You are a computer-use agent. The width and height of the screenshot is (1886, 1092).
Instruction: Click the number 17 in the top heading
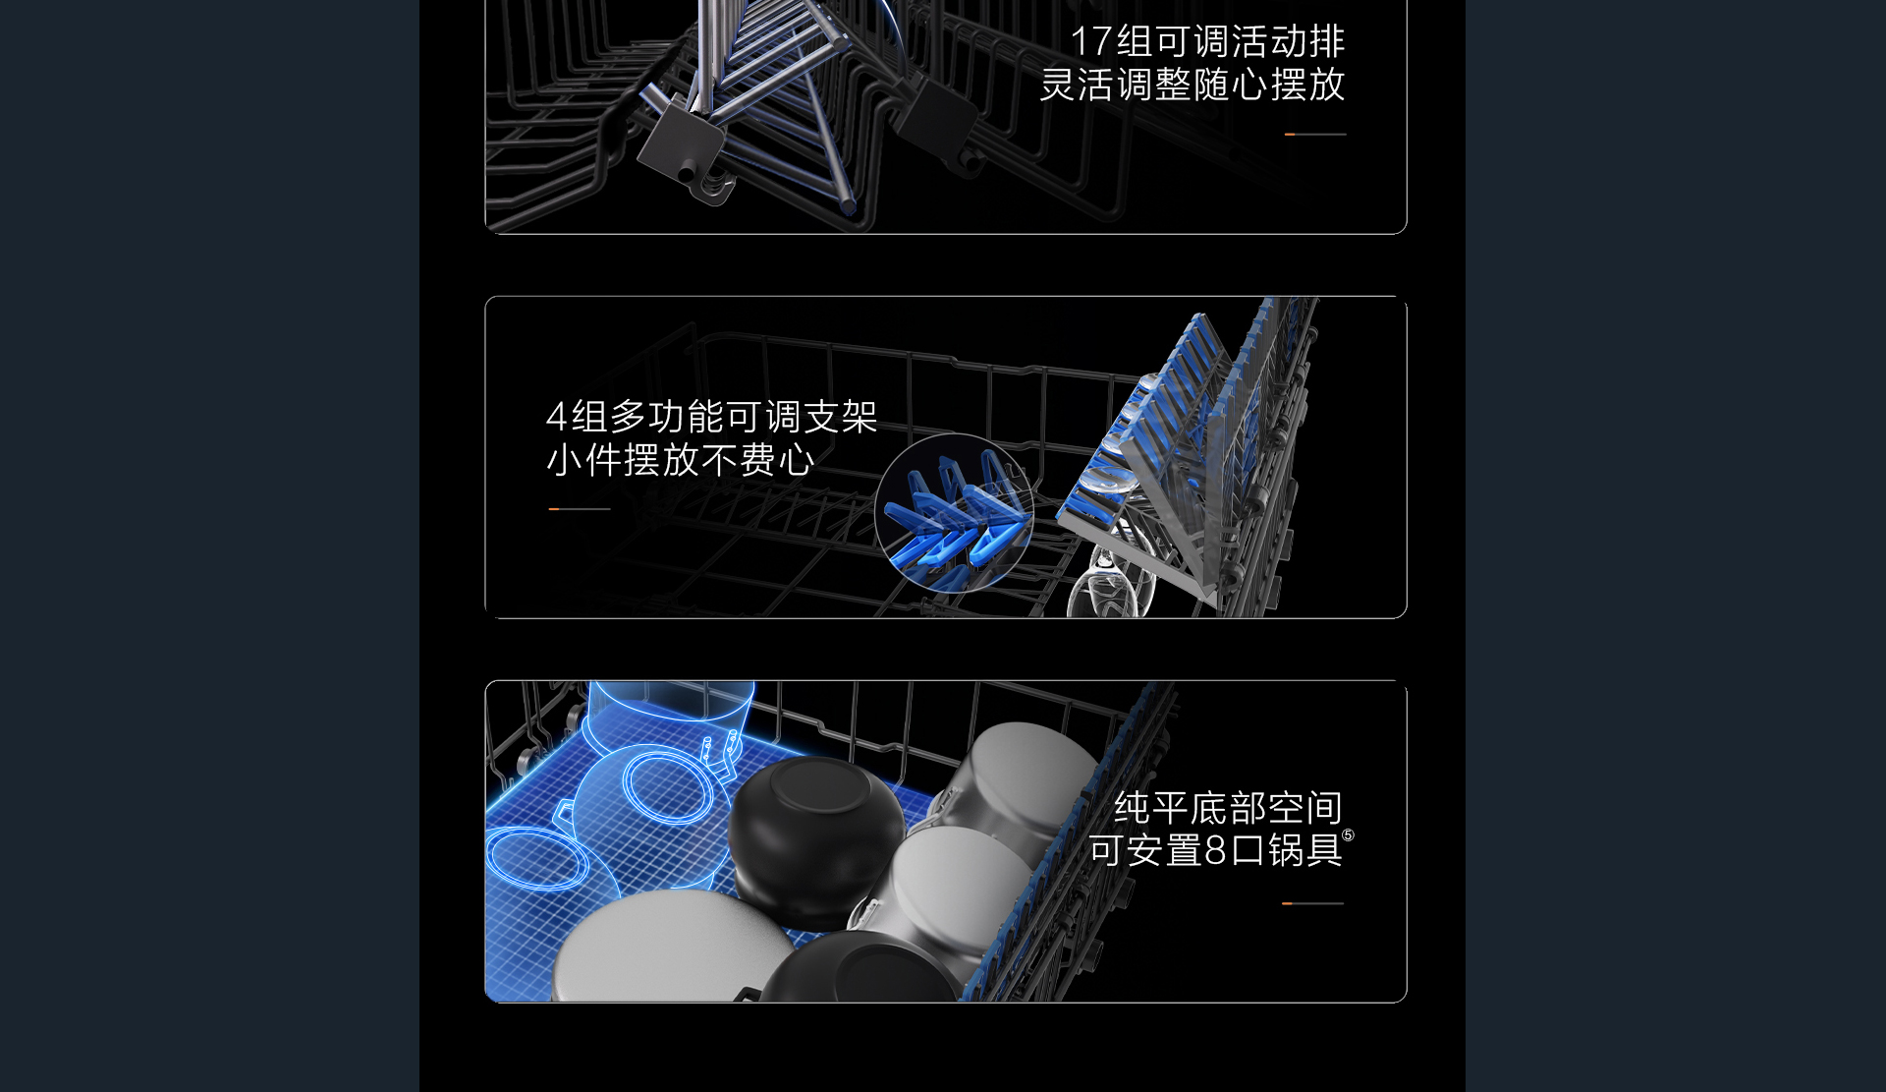coord(1090,41)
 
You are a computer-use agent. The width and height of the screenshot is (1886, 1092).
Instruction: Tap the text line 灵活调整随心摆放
coord(1193,85)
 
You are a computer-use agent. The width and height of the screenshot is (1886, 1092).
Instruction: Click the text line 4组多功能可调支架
coord(711,417)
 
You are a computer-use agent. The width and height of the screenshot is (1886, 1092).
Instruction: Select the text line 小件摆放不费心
coord(681,460)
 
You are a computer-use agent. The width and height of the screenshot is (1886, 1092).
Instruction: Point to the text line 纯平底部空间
coord(1228,808)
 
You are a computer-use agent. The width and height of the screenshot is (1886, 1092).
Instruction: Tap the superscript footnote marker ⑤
coord(1349,835)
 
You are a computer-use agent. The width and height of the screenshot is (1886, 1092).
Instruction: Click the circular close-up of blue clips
coord(953,512)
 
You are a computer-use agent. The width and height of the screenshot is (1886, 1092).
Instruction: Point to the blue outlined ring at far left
coord(537,859)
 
